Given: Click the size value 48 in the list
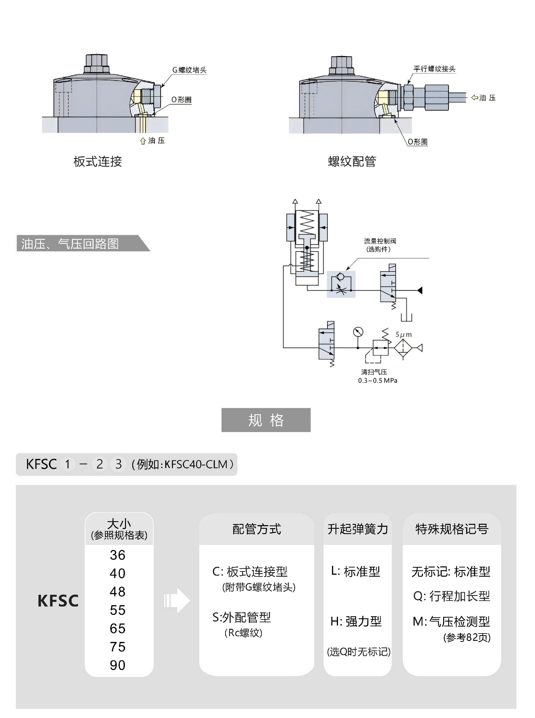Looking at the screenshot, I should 118,592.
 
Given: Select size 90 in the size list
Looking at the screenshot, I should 118,665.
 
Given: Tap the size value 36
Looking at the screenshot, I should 118,555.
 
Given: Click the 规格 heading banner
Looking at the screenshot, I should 266,420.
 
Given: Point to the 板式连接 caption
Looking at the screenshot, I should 98,162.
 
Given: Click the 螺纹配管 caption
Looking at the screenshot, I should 352,162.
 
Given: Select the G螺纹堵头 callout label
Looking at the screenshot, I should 189,70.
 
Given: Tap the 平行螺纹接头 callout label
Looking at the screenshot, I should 434,69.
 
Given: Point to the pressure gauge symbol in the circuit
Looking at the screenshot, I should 358,332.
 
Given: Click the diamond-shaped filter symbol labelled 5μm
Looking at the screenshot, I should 403,348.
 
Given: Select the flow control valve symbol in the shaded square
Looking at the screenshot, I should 341,284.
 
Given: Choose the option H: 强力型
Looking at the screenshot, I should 356,622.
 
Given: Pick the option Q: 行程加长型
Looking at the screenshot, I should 451,596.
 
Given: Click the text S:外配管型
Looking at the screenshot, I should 242,617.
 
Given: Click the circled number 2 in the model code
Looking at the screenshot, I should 100,464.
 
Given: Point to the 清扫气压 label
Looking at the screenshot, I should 374,372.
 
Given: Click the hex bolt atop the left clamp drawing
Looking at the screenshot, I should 96,64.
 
